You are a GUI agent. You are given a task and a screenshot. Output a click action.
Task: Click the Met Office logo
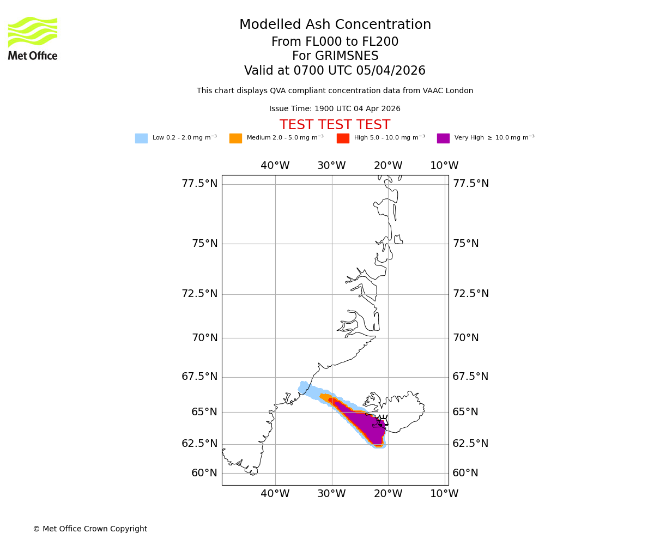33,38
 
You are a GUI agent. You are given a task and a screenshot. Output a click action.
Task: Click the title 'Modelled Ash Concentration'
335,25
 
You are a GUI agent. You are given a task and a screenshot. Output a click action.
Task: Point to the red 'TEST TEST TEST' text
335,125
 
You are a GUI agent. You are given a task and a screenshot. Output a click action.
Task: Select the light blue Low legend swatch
141,138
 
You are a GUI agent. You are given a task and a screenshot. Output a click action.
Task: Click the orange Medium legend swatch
235,138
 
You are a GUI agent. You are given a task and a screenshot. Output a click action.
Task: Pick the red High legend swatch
343,138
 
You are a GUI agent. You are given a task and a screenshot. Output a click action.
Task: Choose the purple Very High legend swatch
443,138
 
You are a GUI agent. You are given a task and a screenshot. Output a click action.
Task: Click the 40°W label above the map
275,166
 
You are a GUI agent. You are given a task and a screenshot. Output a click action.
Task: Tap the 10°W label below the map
444,494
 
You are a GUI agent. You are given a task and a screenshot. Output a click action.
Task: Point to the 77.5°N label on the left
199,184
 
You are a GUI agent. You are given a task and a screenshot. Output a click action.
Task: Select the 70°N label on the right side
465,338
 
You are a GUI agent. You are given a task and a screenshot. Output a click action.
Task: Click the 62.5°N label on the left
199,444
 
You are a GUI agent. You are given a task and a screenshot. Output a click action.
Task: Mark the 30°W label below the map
331,494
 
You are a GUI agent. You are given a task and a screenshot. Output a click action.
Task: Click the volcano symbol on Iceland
383,421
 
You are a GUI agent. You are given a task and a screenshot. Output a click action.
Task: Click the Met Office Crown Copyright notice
90,529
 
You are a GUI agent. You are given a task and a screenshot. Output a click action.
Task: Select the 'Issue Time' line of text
335,109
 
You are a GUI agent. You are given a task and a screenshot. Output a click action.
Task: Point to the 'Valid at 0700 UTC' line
335,71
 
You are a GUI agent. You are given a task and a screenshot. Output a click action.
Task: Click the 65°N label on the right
465,412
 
